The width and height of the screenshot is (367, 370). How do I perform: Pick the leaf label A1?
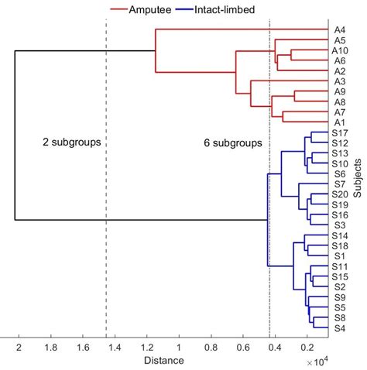click(x=339, y=122)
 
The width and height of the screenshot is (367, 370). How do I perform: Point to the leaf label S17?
click(x=339, y=133)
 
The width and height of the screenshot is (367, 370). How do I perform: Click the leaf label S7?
click(x=339, y=184)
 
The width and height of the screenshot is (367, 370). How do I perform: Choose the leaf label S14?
click(x=339, y=235)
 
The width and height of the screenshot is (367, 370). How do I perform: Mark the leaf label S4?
click(x=339, y=327)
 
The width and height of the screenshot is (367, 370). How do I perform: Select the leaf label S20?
click(x=339, y=194)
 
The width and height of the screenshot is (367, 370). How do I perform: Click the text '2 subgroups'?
click(x=67, y=143)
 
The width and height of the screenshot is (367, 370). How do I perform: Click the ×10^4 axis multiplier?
click(x=317, y=362)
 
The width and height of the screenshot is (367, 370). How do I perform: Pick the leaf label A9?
click(x=339, y=91)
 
